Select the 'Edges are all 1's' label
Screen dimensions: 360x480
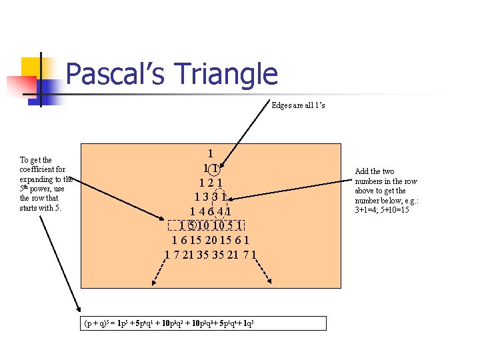[x=298, y=105]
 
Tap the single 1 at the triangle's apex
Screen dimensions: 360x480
[x=211, y=153]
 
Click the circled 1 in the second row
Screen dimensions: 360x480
[x=216, y=167]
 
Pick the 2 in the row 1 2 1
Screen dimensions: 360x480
[x=211, y=182]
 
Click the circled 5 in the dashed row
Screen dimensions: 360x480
[x=191, y=226]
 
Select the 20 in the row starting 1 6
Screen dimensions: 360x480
[x=210, y=240]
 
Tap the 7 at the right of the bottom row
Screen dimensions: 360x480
[x=245, y=254]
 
